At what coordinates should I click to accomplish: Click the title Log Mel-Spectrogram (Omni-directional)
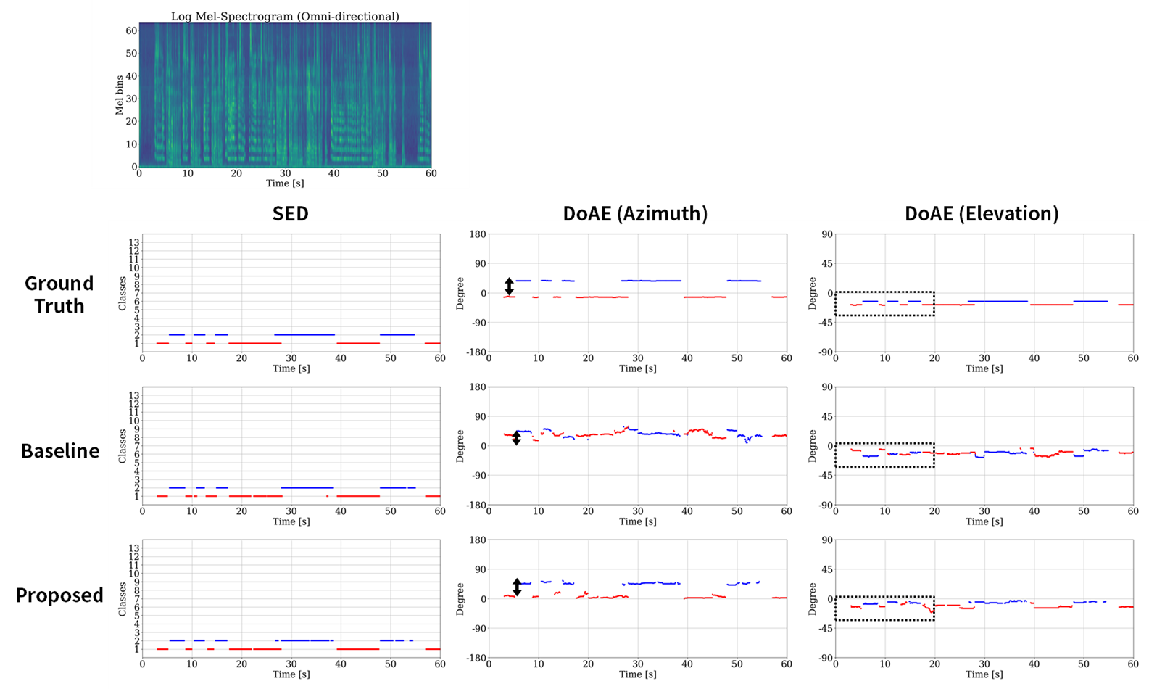(285, 16)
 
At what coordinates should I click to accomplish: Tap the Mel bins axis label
(120, 95)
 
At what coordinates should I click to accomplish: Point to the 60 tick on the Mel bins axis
(131, 30)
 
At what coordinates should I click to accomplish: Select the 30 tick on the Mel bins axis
(131, 99)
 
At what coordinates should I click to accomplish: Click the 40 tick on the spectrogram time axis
(333, 173)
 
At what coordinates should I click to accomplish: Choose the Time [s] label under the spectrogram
(285, 183)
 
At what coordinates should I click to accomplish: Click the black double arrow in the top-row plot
(509, 286)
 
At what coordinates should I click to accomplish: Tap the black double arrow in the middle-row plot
(516, 437)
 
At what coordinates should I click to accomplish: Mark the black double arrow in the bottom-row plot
(517, 587)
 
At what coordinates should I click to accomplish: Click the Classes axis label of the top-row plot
(123, 293)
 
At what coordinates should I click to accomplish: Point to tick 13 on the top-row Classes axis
(134, 242)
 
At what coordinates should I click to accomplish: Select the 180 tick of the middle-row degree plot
(478, 387)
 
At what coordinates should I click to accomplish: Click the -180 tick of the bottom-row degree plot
(476, 658)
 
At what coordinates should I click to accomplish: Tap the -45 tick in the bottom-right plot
(824, 629)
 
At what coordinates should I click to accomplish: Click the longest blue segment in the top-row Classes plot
(304, 334)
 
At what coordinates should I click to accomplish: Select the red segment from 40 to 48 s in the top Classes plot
(358, 343)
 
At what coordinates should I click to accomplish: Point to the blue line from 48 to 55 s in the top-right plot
(1090, 301)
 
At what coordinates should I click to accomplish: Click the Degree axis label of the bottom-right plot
(813, 599)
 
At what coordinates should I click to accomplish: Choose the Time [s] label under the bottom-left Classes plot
(291, 674)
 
